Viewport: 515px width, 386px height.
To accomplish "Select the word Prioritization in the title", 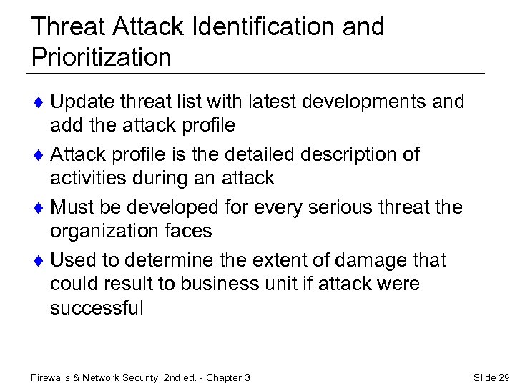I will [102, 57].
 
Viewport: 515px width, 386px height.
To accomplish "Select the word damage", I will [371, 260].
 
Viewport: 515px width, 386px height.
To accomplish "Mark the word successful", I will [97, 308].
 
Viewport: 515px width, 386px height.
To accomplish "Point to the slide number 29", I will [503, 377].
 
